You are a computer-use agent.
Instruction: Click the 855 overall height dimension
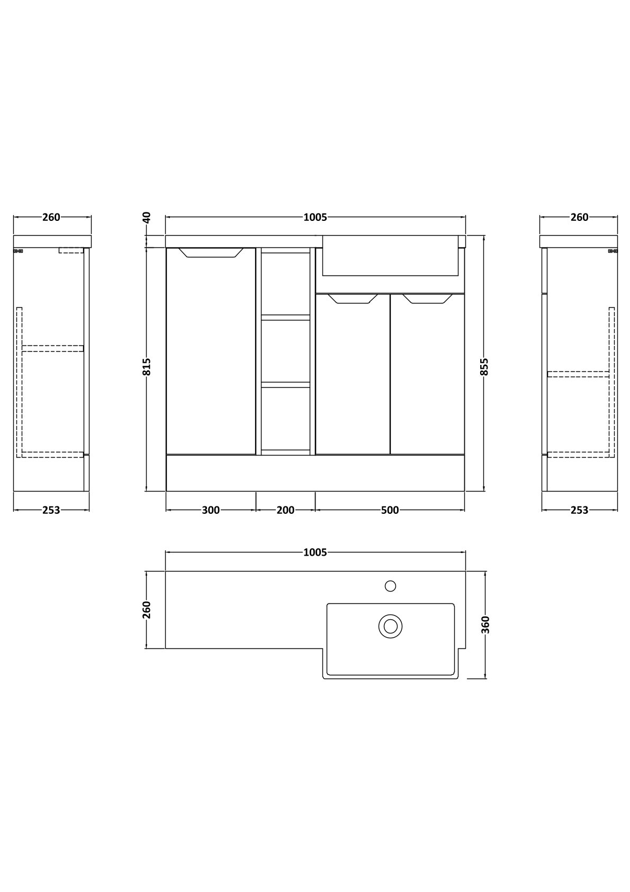[484, 367]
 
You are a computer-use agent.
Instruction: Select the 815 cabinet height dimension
[147, 367]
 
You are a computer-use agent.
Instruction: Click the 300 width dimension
[211, 510]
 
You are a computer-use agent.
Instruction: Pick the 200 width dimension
[285, 510]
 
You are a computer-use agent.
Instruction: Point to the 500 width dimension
[390, 510]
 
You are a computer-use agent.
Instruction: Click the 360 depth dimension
[485, 625]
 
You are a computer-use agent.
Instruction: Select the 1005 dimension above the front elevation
[315, 217]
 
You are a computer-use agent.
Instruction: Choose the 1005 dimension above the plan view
[315, 552]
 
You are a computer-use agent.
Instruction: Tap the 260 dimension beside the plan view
[147, 610]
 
